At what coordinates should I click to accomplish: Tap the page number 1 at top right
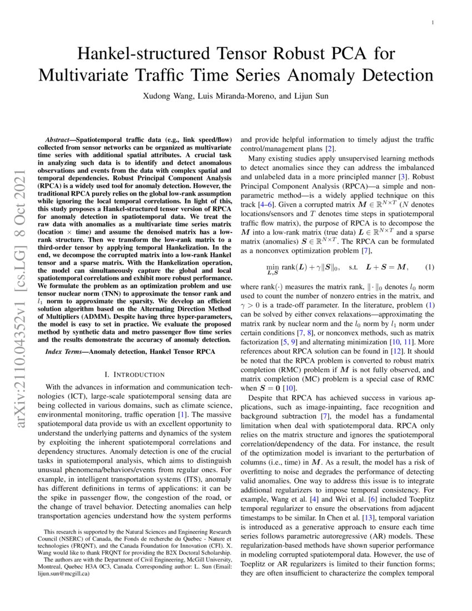[x=431, y=23]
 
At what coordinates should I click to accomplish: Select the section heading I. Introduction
[x=130, y=374]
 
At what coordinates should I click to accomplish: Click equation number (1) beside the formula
[x=429, y=267]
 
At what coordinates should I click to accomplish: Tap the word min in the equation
[x=273, y=266]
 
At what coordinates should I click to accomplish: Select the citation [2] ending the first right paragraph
[x=329, y=148]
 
